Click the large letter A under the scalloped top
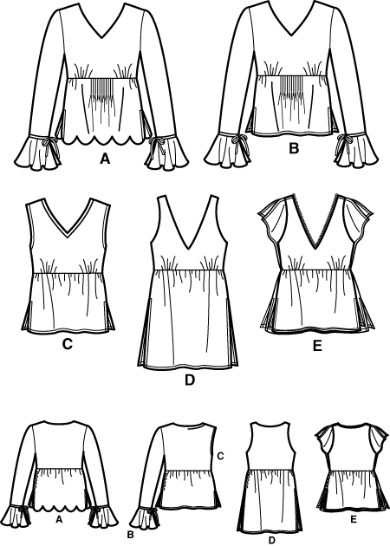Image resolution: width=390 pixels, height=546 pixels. [105, 159]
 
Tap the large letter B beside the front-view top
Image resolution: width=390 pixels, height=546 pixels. [294, 148]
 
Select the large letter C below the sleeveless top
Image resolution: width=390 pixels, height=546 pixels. [67, 344]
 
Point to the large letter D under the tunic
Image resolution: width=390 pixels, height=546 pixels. [190, 380]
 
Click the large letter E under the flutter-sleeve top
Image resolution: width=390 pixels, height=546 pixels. [317, 346]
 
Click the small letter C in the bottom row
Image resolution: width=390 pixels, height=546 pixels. [220, 456]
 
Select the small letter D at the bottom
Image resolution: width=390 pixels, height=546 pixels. [272, 540]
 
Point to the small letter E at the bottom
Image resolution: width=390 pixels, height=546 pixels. [354, 520]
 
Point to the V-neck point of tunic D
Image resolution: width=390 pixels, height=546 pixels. [188, 249]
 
